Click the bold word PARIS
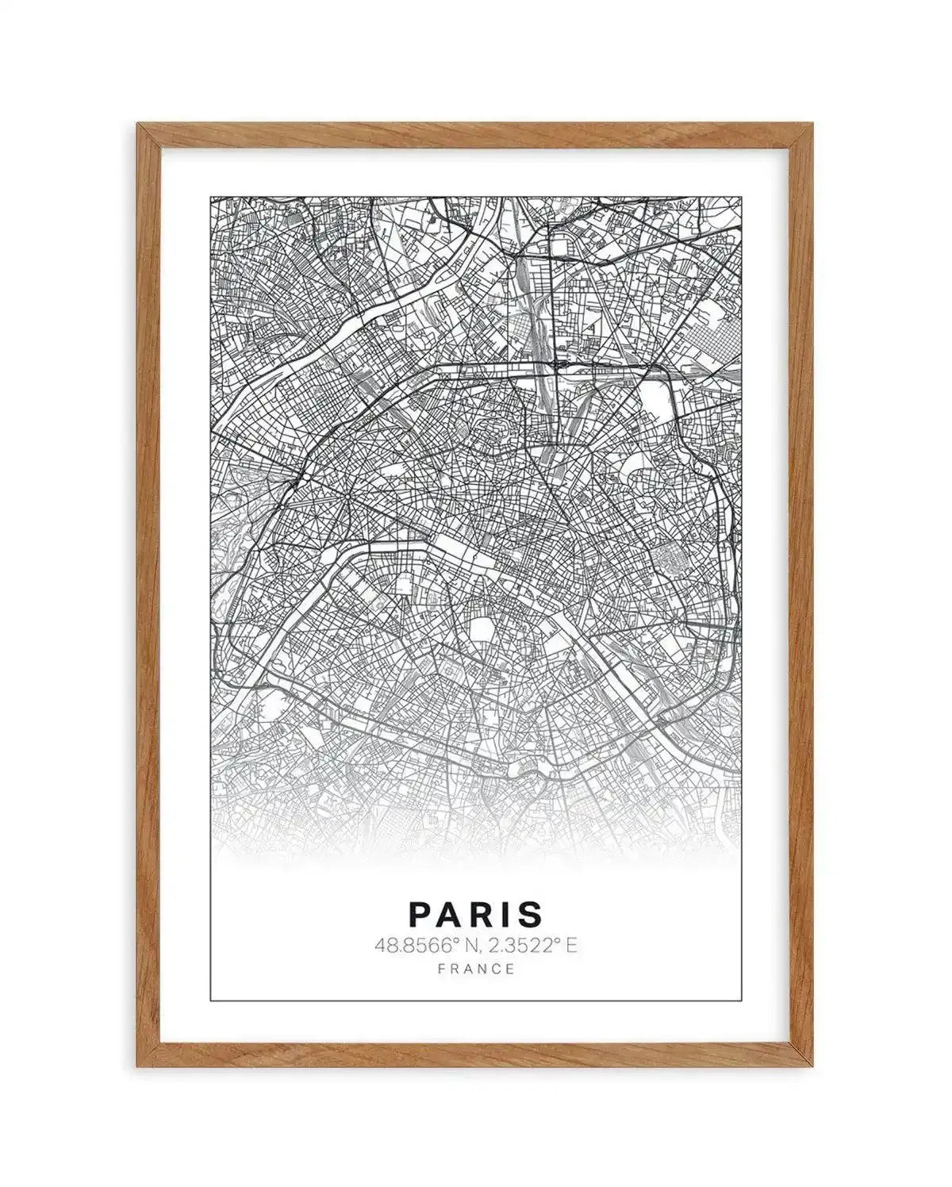[476, 913]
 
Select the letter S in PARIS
[532, 913]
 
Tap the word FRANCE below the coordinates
[476, 969]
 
